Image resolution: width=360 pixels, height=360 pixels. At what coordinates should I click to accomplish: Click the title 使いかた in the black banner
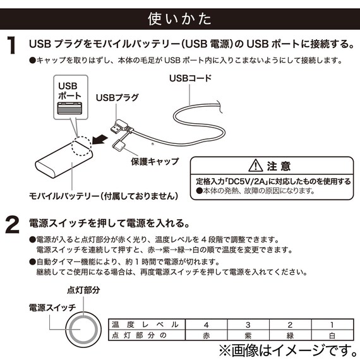click(x=179, y=17)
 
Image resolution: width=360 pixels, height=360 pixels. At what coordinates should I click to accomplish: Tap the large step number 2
click(x=13, y=225)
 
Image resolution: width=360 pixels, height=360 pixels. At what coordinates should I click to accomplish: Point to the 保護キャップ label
click(x=155, y=162)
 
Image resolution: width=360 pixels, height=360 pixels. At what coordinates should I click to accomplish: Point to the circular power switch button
click(x=81, y=328)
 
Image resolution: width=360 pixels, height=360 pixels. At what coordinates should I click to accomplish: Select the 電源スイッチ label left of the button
click(x=52, y=307)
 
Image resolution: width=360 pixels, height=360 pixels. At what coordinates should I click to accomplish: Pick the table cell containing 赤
click(x=205, y=335)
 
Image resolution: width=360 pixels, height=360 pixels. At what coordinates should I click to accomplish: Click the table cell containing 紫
click(x=248, y=335)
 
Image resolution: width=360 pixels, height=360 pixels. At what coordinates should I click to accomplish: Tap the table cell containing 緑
click(x=290, y=335)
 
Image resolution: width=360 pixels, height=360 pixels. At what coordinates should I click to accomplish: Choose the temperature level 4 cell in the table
click(x=205, y=325)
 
